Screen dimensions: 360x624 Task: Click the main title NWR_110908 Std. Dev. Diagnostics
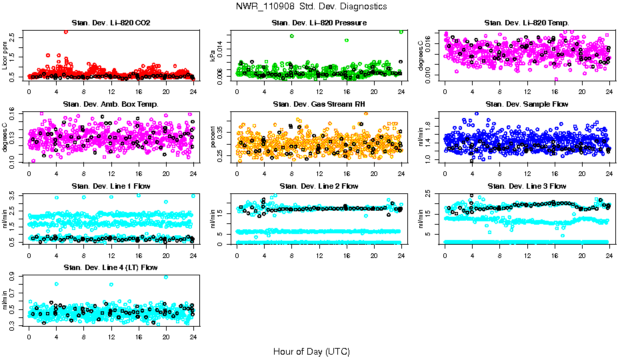pyautogui.click(x=311, y=7)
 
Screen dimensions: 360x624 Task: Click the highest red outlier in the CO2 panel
pyautogui.click(x=65, y=32)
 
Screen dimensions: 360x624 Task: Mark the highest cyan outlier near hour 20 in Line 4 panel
pyautogui.click(x=166, y=277)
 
